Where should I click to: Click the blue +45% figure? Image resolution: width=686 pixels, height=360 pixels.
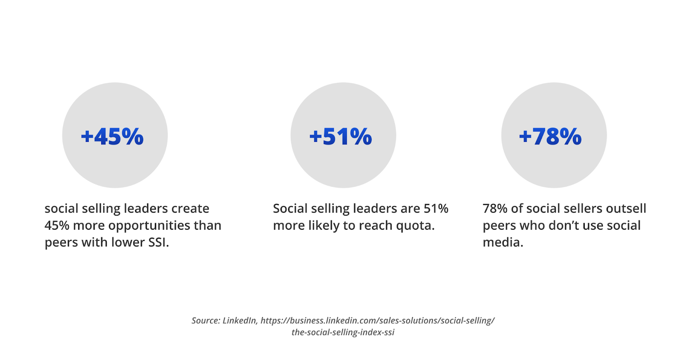(x=112, y=137)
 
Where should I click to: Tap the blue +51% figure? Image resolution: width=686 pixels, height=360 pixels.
(x=340, y=137)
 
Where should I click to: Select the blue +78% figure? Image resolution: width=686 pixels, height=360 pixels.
(x=551, y=137)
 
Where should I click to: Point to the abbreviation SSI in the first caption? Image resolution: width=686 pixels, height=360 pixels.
(x=158, y=243)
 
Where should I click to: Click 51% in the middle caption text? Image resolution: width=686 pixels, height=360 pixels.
(x=436, y=209)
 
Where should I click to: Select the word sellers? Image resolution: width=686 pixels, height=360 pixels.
(x=584, y=209)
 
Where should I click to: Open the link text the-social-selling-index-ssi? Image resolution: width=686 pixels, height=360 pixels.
(x=343, y=333)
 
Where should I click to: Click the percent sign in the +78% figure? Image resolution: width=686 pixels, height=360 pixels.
(x=570, y=137)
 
